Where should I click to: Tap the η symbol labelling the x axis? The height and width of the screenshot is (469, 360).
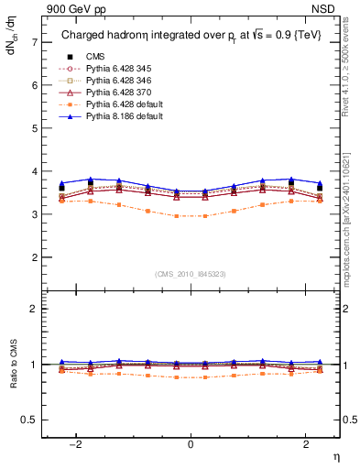pyautogui.click(x=334, y=458)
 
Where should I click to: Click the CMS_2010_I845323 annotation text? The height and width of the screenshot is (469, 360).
pyautogui.click(x=191, y=273)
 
